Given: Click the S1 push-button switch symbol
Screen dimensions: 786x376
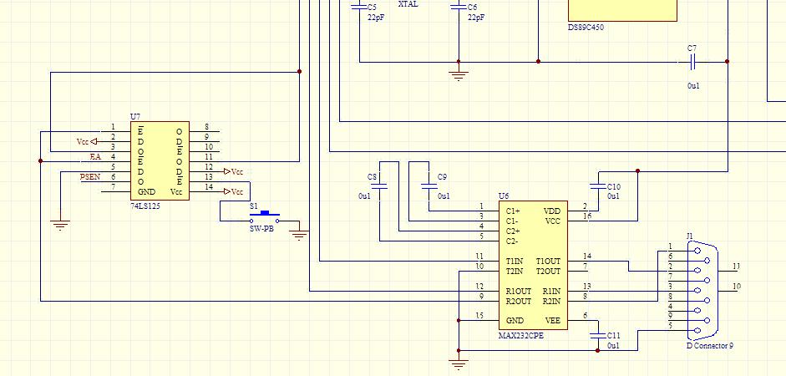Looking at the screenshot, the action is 264,216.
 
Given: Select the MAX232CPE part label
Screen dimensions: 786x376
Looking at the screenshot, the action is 521,335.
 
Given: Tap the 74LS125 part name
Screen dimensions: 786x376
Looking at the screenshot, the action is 145,206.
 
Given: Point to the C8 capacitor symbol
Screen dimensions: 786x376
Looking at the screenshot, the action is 380,186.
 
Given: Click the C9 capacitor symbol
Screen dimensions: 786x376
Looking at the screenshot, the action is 429,186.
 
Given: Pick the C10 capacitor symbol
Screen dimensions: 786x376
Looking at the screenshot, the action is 598,186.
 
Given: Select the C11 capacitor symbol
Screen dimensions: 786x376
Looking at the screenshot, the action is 598,335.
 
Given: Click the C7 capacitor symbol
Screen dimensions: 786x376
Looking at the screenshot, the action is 692,62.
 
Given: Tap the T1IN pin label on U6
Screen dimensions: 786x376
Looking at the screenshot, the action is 515,262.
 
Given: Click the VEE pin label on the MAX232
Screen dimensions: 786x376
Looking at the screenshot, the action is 552,321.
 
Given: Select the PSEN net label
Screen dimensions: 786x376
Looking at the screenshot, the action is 90,176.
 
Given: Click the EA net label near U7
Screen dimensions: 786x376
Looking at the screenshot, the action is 95,156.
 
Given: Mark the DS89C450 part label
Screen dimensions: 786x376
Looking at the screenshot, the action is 586,28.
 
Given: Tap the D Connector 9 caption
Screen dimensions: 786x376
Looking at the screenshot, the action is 709,345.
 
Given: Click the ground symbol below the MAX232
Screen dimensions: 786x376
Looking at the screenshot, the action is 459,363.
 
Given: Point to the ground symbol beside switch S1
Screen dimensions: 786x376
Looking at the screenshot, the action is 299,234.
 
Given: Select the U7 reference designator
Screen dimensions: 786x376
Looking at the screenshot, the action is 135,117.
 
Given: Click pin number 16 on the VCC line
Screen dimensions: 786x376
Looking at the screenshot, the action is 587,216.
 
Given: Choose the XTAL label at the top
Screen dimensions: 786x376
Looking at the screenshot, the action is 408,4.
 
